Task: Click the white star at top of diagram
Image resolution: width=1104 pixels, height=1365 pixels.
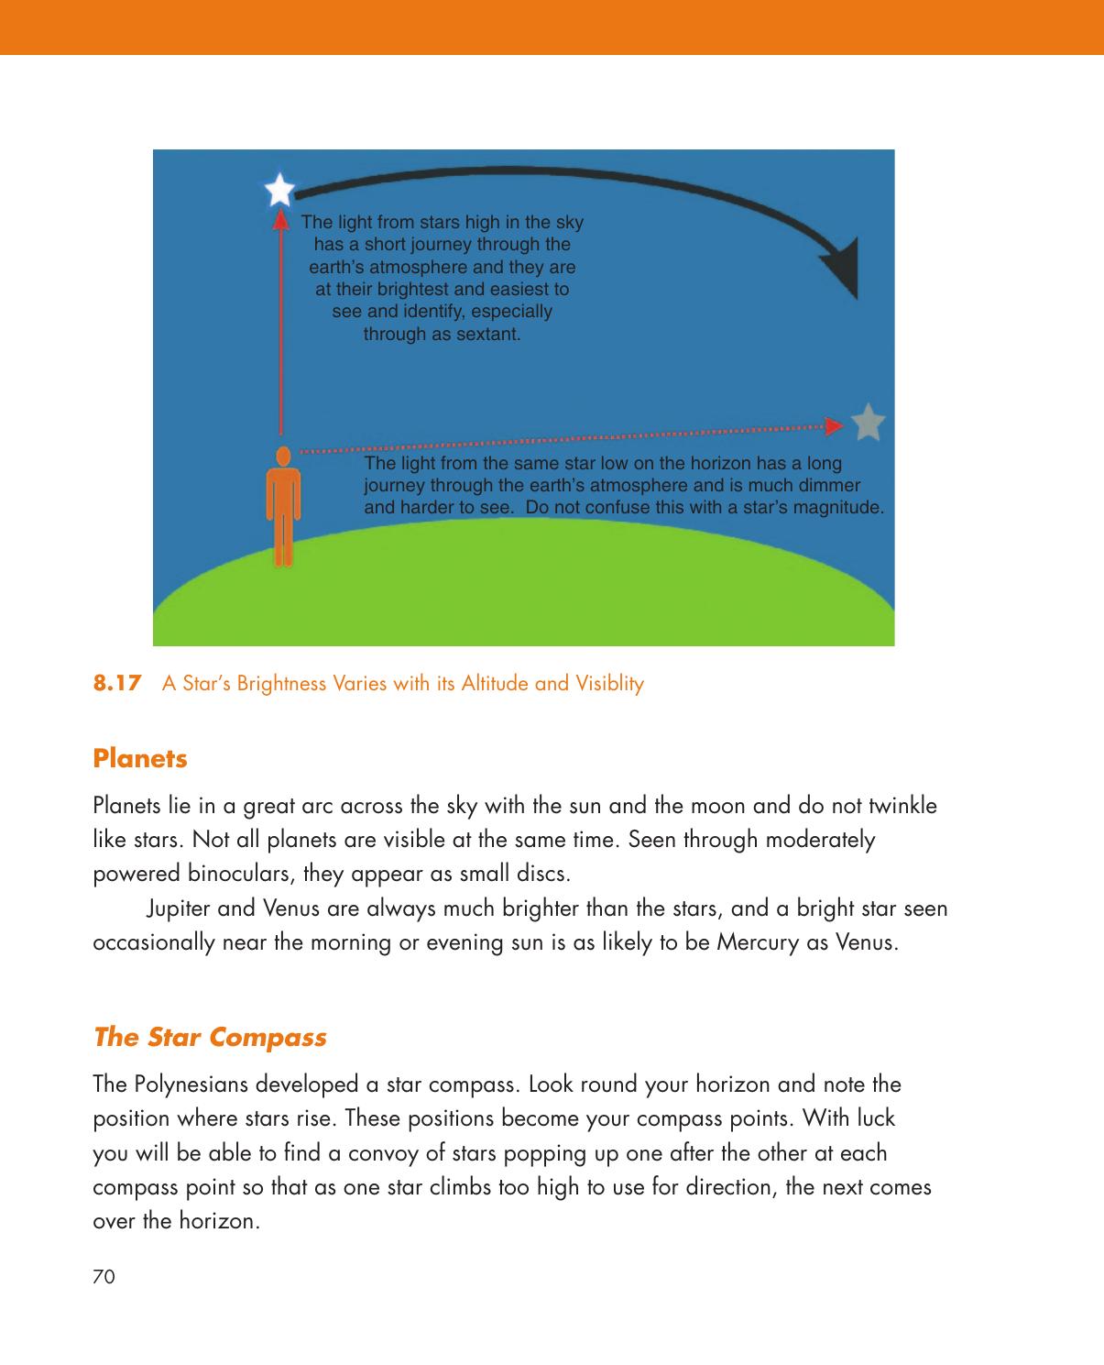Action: (x=279, y=191)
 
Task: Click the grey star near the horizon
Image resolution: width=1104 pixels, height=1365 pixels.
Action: (x=869, y=422)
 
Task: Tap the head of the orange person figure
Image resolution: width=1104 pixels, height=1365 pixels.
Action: (x=284, y=456)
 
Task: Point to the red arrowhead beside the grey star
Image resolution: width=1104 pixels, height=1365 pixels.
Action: (x=833, y=426)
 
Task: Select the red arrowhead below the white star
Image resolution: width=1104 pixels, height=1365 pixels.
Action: (x=281, y=218)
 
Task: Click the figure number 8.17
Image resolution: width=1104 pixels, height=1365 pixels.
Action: (x=118, y=683)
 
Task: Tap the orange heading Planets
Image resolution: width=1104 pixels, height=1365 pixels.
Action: (x=140, y=759)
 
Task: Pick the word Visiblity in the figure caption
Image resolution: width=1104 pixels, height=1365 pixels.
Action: (x=610, y=684)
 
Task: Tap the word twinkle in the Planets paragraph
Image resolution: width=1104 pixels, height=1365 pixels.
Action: (x=904, y=807)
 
